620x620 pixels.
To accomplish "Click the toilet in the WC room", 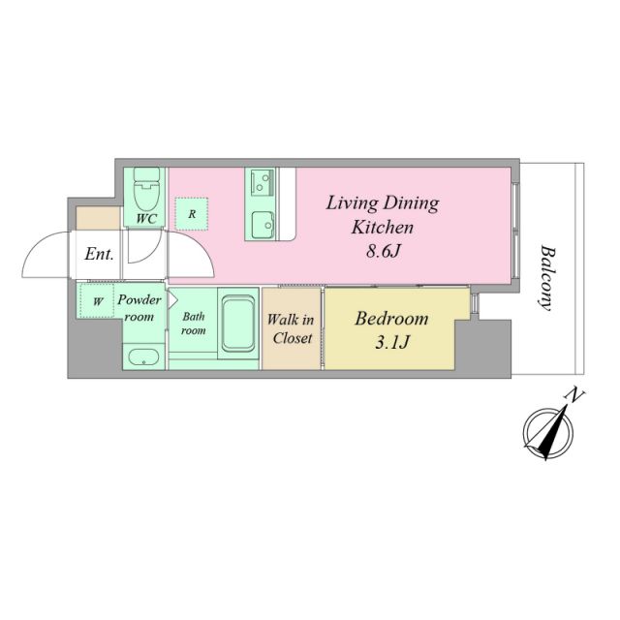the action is [x=146, y=189].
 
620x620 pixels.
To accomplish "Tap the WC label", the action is [x=146, y=219].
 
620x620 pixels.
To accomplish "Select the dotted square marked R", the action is [x=192, y=214].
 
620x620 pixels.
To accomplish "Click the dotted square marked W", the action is [x=97, y=300].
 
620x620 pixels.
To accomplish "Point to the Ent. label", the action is [x=99, y=254].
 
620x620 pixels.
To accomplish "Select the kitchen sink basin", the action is [x=263, y=226].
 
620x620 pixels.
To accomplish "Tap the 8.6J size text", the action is [x=384, y=251].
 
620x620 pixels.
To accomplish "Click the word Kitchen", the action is [x=383, y=228].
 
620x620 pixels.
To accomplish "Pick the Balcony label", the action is [x=547, y=278].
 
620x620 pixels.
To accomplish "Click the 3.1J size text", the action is [x=391, y=342].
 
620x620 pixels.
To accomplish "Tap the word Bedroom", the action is [x=391, y=319].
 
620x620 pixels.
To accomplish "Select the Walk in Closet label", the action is [x=292, y=328].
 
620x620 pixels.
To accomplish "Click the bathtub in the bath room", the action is [x=237, y=323].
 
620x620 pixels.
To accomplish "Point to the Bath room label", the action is [x=194, y=323].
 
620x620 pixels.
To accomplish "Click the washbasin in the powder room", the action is [x=144, y=357].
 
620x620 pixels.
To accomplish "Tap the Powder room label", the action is [x=139, y=308].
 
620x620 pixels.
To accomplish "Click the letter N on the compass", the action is [x=575, y=396].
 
